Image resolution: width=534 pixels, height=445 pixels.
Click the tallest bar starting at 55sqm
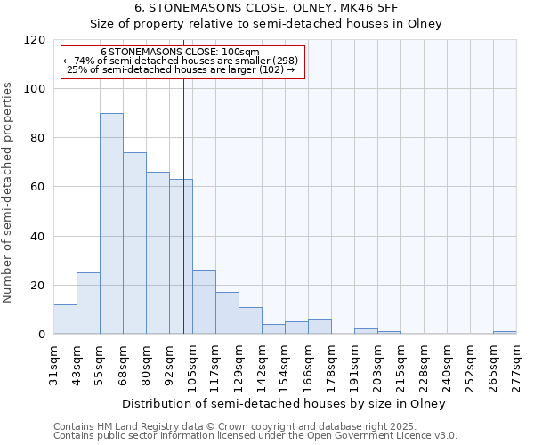[x=111, y=223]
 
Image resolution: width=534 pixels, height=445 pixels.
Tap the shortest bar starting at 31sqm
[x=65, y=320]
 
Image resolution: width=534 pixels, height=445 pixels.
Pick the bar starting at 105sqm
[x=204, y=302]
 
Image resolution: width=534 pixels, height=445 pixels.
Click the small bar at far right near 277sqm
[x=505, y=332]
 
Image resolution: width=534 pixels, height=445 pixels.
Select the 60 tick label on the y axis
[x=38, y=187]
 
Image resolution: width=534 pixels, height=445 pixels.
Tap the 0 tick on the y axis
[x=42, y=335]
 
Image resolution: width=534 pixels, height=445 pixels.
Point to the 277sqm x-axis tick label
[x=517, y=366]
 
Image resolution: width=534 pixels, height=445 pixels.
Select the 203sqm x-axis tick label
[x=378, y=366]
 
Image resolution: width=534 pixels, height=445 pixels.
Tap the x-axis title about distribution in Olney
[x=285, y=403]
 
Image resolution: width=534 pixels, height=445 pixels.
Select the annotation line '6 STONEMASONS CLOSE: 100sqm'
[x=181, y=53]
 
